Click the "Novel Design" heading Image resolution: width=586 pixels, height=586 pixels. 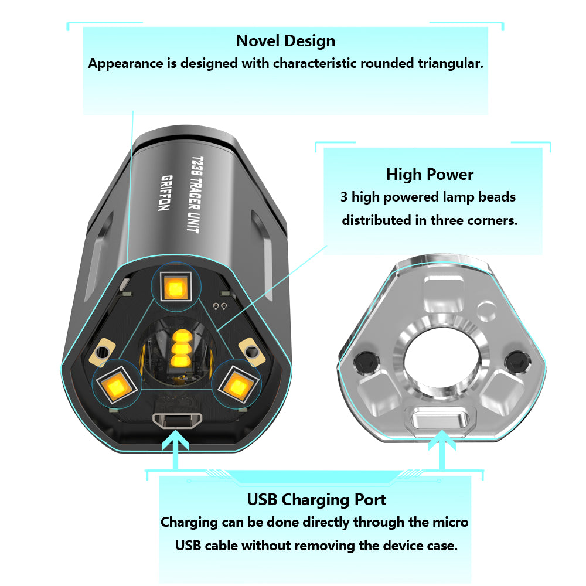click(x=285, y=41)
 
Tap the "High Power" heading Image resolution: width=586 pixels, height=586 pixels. click(x=430, y=175)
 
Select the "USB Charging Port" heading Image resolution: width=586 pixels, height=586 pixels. click(x=316, y=500)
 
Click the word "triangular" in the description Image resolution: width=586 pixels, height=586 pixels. click(x=450, y=63)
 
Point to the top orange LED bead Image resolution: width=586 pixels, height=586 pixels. click(x=176, y=287)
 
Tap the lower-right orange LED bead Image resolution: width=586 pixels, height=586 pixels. click(x=238, y=385)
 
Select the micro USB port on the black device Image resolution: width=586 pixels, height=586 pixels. click(x=177, y=421)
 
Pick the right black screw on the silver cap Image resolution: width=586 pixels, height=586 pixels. click(x=517, y=362)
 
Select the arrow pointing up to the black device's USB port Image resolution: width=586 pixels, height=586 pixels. click(x=175, y=449)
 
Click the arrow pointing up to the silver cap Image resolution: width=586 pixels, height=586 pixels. click(x=442, y=449)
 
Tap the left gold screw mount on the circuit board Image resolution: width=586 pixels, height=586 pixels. click(x=102, y=352)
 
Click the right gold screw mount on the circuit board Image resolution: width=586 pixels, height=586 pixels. click(x=252, y=352)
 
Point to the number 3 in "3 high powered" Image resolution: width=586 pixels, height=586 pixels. click(x=344, y=197)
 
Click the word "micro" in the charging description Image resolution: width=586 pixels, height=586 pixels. click(x=450, y=522)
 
